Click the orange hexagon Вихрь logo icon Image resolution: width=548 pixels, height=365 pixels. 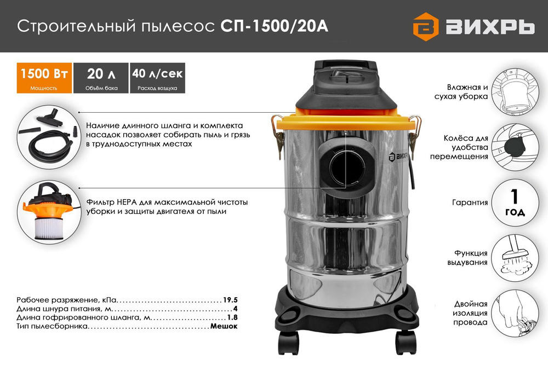[426, 27]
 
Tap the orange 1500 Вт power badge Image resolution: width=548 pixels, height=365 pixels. [44, 78]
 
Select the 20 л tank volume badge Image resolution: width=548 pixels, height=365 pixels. [101, 78]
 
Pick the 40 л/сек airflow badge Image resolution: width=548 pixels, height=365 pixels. [157, 78]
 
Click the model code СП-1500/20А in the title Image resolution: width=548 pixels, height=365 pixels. [275, 26]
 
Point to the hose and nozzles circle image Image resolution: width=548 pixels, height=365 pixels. [48, 135]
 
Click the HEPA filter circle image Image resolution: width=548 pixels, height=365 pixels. [48, 211]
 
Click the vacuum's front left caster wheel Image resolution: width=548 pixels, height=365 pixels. [289, 341]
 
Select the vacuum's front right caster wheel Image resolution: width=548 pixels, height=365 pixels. [406, 341]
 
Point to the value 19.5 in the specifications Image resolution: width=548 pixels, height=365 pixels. [230, 300]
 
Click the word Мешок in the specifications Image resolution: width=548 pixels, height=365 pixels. [224, 326]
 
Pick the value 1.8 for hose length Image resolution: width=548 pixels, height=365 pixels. [232, 317]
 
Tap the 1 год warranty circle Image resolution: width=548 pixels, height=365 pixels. [515, 202]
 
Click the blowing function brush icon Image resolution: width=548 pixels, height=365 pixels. [515, 258]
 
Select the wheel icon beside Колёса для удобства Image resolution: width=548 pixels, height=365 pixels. [515, 147]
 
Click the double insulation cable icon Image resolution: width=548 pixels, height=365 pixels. [515, 313]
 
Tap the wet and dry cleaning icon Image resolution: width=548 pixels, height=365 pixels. [515, 92]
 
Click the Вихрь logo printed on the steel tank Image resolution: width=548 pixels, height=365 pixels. [398, 157]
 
